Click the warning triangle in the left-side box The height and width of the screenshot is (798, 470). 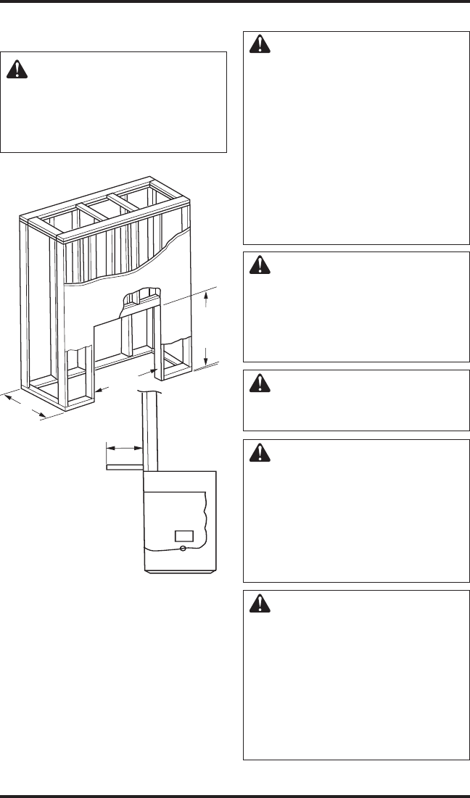pyautogui.click(x=16, y=69)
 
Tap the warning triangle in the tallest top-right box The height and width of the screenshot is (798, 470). pyautogui.click(x=258, y=46)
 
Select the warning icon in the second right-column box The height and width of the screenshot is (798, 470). pyautogui.click(x=258, y=267)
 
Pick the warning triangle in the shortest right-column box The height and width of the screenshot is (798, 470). pyautogui.click(x=258, y=384)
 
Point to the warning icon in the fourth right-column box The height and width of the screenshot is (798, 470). pyautogui.click(x=258, y=453)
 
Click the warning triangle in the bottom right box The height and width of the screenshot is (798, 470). pyautogui.click(x=258, y=604)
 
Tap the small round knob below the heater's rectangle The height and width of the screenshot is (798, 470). pyautogui.click(x=184, y=549)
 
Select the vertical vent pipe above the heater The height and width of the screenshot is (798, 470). pyautogui.click(x=150, y=431)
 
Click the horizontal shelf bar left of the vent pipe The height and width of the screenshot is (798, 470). pyautogui.click(x=125, y=467)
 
